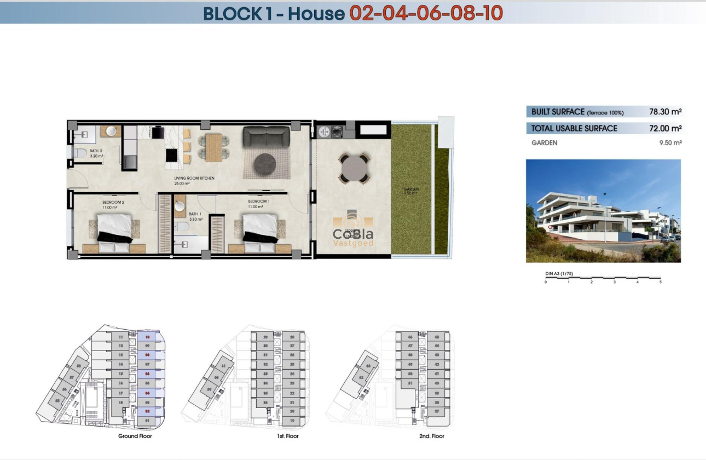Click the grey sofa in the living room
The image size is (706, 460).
click(x=266, y=136)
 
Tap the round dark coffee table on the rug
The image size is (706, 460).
click(x=266, y=163)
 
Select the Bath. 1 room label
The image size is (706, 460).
click(x=195, y=214)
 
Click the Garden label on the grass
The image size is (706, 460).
click(x=411, y=189)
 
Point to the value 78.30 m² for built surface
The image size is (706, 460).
click(x=665, y=112)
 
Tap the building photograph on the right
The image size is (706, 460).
click(x=603, y=211)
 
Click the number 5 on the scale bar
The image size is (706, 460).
click(x=661, y=281)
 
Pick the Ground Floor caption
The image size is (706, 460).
click(x=135, y=436)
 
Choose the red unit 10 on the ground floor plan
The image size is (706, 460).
click(x=147, y=337)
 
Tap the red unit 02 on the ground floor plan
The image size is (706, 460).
click(x=147, y=411)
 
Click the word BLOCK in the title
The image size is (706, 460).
click(x=233, y=13)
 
